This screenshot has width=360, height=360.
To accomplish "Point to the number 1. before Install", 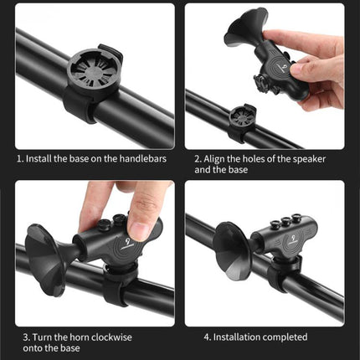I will point(21,157).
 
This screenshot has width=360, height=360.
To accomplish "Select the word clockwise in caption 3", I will point(116,337).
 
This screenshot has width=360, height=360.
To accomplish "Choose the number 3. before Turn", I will point(20,337).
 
